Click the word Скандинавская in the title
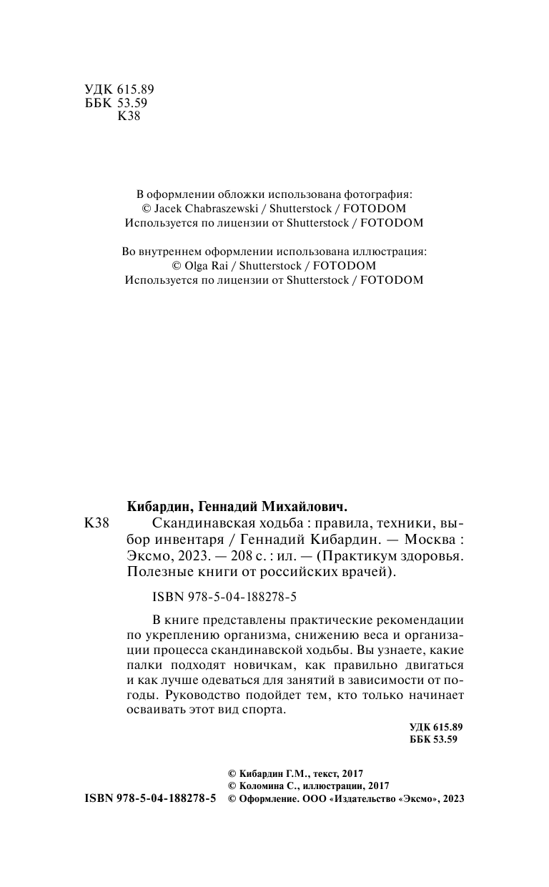[187, 523]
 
